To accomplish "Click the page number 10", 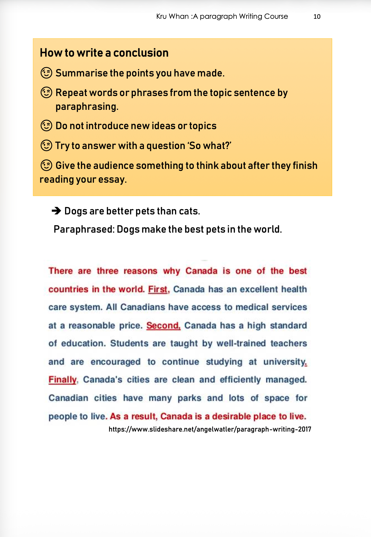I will (317, 17).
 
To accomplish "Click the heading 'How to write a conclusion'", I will (104, 53).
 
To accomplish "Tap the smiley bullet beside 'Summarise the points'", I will (46, 73).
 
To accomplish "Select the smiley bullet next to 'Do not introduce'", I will (46, 126).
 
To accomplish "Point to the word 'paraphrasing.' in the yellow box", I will (87, 107).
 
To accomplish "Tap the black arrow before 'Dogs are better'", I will (57, 211).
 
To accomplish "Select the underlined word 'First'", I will (158, 289).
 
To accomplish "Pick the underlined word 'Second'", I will (163, 325).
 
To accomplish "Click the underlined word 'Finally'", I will (62, 380).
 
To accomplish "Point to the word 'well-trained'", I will (241, 343).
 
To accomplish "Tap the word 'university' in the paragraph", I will (284, 361).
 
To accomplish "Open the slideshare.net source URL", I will (210, 429).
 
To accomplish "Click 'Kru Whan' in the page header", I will (172, 17).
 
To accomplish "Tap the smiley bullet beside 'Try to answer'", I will (46, 145).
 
